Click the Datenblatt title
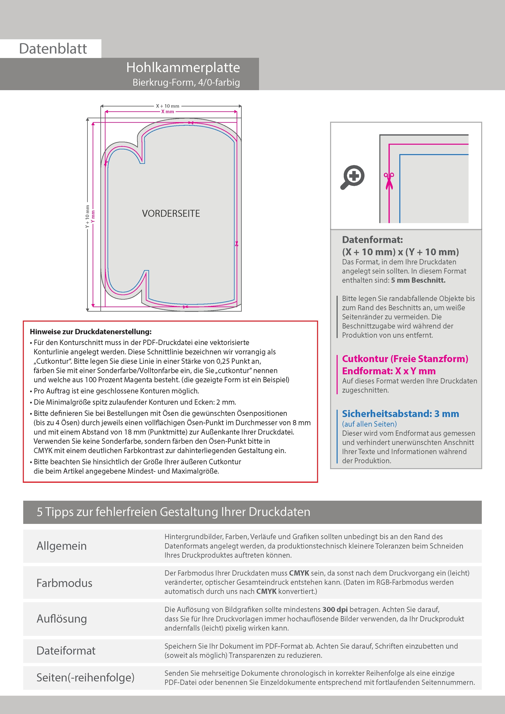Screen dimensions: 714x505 tap(53, 49)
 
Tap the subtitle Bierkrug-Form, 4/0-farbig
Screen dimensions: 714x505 tap(186, 82)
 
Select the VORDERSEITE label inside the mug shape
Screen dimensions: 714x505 tap(171, 214)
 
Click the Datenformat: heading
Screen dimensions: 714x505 tap(372, 240)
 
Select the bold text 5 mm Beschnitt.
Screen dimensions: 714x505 tap(418, 280)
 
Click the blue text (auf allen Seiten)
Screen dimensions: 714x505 tap(369, 424)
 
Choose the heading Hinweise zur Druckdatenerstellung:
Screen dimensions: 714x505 tap(91, 332)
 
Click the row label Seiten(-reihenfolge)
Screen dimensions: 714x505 tap(85, 678)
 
